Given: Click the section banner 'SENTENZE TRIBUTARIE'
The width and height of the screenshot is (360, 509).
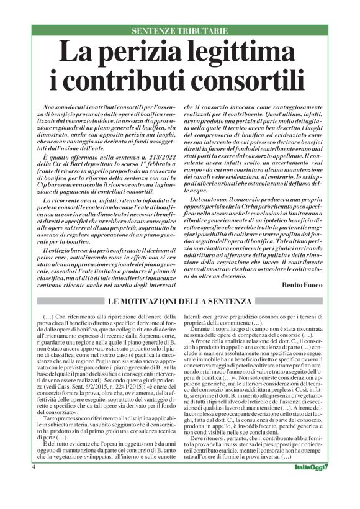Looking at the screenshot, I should click(180, 31).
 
